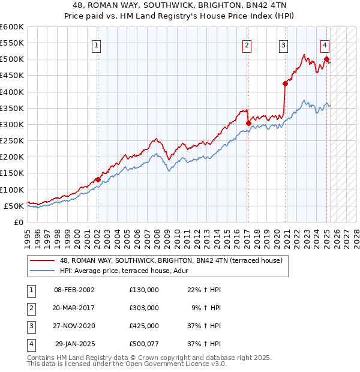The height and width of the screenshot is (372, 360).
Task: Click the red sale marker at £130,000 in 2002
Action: [x=97, y=179]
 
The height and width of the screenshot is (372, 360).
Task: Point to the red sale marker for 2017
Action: [x=248, y=123]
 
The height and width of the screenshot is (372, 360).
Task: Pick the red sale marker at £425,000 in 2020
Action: [x=285, y=83]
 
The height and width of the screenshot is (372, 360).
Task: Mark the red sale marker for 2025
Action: [x=326, y=59]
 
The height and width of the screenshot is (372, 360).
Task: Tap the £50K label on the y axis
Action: [x=14, y=206]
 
